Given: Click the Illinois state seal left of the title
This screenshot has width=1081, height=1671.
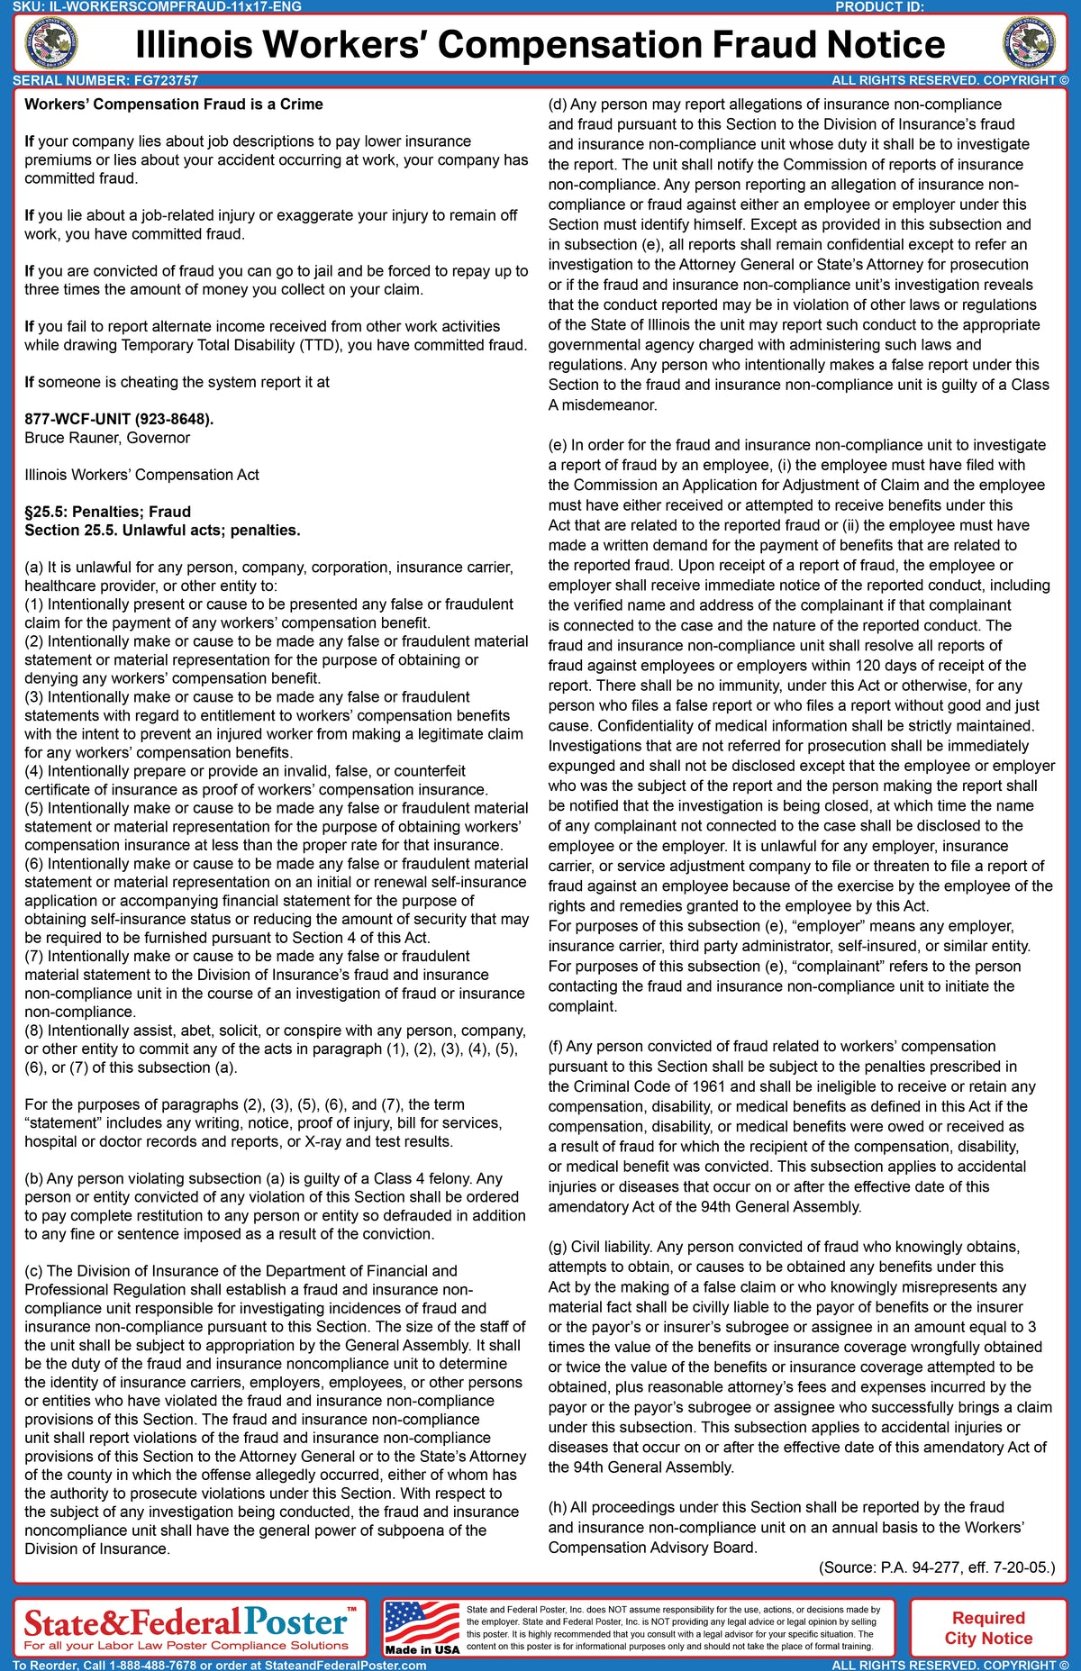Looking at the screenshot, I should (50, 43).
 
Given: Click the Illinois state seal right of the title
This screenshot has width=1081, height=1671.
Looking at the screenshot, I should (1029, 43).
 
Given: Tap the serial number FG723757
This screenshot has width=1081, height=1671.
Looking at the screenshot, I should (166, 80).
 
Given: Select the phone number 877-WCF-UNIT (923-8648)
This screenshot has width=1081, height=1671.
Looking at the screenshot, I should (119, 419).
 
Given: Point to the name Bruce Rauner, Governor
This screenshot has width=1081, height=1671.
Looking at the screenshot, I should (107, 438).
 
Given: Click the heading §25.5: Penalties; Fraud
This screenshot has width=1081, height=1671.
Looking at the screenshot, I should (107, 512).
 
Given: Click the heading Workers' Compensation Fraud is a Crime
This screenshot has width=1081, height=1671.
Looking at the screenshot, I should (173, 104).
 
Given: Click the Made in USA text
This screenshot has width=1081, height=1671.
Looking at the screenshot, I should (422, 1649).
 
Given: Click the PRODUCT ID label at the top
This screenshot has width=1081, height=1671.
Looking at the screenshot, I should (879, 6).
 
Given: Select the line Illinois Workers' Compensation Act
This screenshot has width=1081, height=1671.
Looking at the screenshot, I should (141, 475).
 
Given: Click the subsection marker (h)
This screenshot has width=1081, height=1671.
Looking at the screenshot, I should (558, 1507).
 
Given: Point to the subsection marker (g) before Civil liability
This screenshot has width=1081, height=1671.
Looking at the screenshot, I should (558, 1247).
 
